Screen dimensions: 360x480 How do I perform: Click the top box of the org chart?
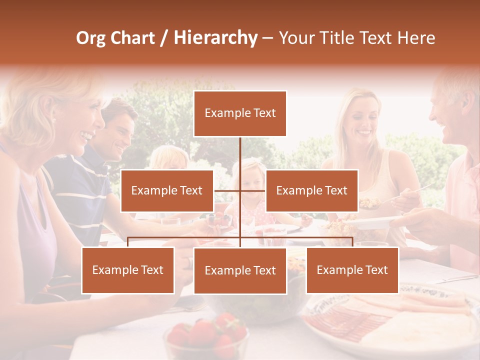[x=240, y=113]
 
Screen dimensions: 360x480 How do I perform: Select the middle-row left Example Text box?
[x=167, y=190]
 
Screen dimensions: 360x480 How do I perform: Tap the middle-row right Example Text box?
[x=311, y=190]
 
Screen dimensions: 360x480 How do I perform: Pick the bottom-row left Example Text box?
[x=128, y=270]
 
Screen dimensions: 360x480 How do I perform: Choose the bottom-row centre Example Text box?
[x=240, y=270]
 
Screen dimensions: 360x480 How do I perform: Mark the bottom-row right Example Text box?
[x=352, y=270]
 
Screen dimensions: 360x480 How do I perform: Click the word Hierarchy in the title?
[x=215, y=38]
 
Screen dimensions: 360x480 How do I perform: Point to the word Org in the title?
[x=91, y=38]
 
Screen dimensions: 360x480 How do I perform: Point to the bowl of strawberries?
[x=206, y=335]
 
